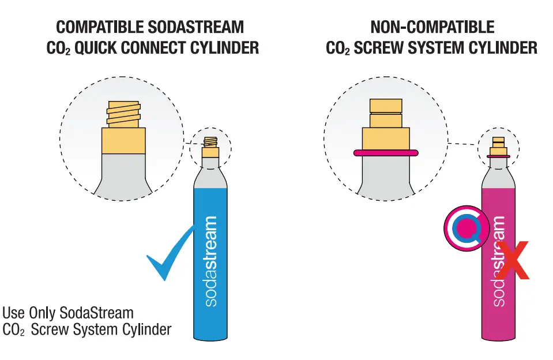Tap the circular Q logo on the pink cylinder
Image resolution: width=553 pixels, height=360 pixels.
tap(467, 229)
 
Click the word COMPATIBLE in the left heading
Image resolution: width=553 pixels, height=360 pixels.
tap(99, 27)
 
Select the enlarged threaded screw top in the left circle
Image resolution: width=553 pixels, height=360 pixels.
tap(124, 114)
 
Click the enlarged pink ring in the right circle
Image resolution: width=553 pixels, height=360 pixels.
tap(385, 153)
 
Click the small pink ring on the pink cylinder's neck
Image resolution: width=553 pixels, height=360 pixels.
tap(498, 156)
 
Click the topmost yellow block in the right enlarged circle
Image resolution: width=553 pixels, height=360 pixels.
tap(386, 105)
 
